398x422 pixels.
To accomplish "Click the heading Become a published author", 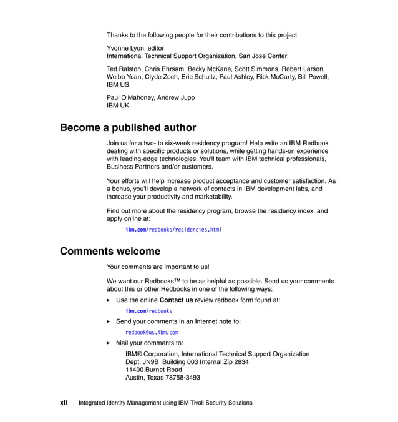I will tap(128, 128).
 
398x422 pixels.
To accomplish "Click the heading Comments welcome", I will tap(110, 252).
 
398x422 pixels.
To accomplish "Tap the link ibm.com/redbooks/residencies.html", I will tap(173, 230).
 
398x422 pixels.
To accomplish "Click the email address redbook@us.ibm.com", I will tap(152, 332).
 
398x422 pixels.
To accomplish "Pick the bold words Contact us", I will tap(176, 300).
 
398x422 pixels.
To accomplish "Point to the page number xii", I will tap(64, 403).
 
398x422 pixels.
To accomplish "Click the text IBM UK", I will tap(118, 105).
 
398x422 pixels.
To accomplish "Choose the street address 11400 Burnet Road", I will tap(153, 370).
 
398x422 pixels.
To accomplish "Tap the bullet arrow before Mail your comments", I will tap(109, 343).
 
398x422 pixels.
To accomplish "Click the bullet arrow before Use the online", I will tap(109, 300).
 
